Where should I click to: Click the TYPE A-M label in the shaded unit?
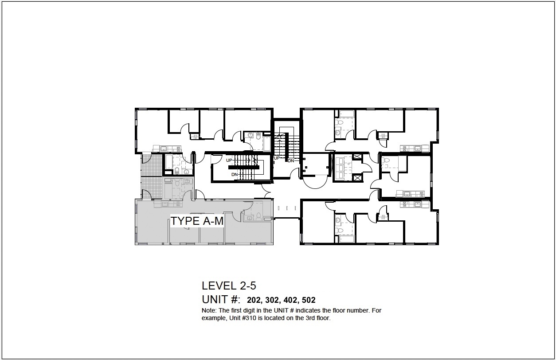tap(197, 221)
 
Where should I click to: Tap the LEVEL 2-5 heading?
tap(229, 286)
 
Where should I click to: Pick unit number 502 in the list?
tap(309, 300)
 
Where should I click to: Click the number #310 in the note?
tap(249, 318)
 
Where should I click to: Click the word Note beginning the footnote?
tap(208, 310)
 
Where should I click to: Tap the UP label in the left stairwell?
tap(229, 160)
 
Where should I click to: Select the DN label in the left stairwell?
tap(235, 175)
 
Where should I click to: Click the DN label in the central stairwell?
tap(291, 161)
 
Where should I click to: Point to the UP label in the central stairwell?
tap(277, 158)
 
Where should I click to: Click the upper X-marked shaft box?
tap(357, 157)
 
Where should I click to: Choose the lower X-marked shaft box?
tap(357, 178)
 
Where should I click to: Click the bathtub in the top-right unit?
tap(347, 114)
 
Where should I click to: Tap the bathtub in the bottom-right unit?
tap(347, 239)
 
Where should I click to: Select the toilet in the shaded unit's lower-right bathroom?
tap(258, 216)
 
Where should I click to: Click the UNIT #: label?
tap(221, 299)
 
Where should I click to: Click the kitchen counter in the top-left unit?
tap(167, 149)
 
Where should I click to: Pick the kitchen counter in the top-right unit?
tap(415, 149)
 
